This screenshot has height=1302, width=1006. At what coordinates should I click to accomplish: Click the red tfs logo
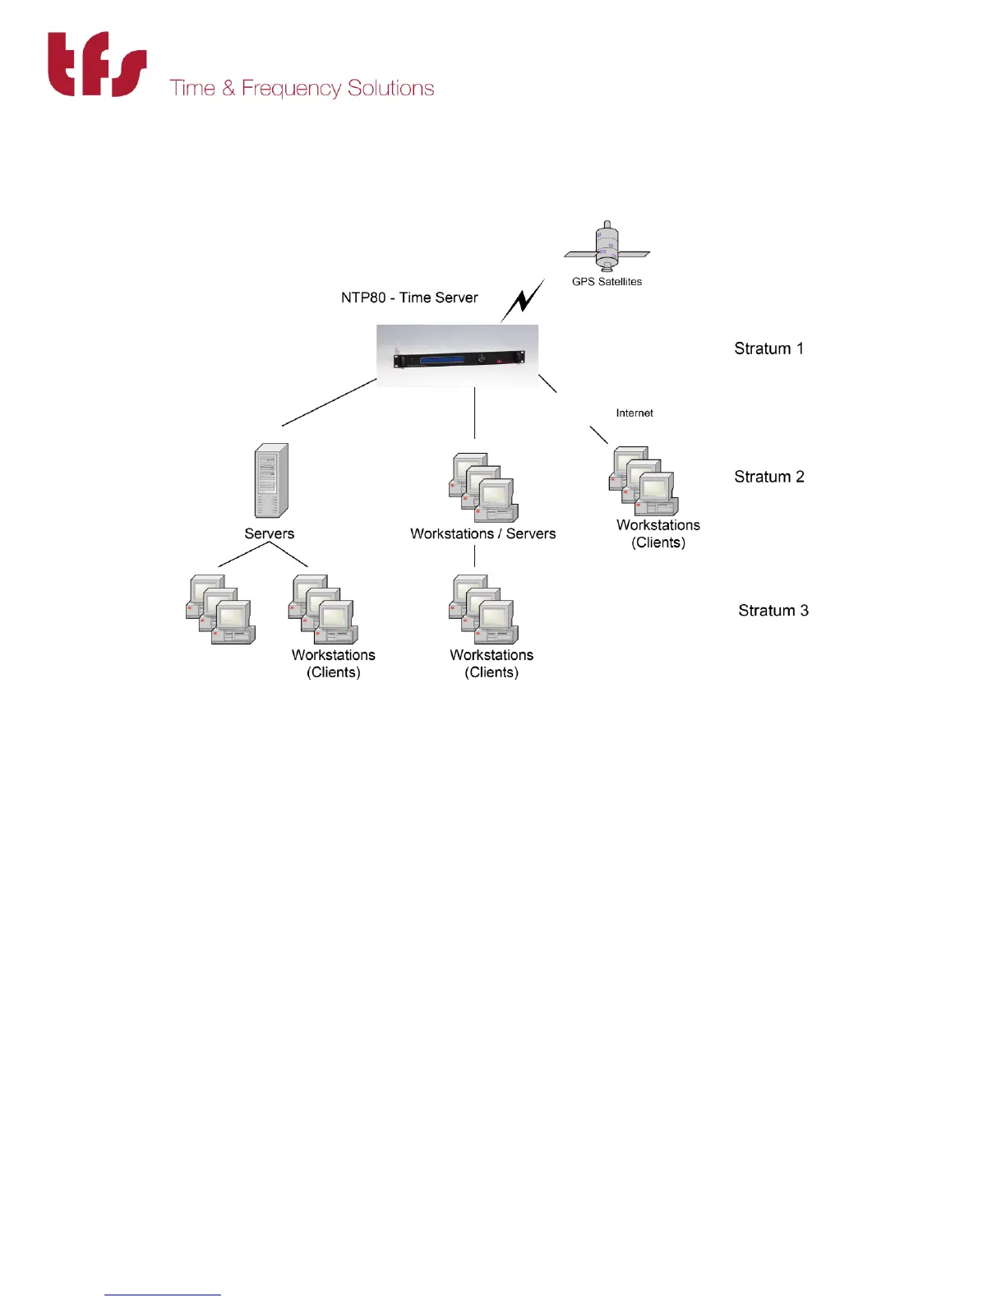click(x=97, y=65)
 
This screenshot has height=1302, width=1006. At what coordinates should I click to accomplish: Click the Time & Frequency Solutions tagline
click(x=302, y=88)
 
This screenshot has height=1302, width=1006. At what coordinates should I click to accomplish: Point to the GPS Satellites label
click(x=607, y=282)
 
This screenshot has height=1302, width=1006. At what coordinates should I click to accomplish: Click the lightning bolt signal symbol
click(x=523, y=301)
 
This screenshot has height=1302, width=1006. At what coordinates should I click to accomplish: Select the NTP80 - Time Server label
click(x=409, y=298)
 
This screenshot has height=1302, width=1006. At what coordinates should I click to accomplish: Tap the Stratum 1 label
click(x=768, y=349)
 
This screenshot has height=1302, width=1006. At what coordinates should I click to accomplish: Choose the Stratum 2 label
click(x=768, y=477)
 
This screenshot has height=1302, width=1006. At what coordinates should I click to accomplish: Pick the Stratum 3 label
click(x=773, y=611)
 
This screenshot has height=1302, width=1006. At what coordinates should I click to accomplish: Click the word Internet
click(x=635, y=413)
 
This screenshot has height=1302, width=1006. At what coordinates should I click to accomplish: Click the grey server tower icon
click(x=271, y=481)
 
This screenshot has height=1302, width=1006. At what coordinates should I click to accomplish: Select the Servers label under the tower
click(x=269, y=533)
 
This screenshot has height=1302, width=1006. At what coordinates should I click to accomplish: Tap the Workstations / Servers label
click(x=482, y=533)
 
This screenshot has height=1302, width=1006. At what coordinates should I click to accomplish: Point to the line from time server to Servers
click(x=329, y=403)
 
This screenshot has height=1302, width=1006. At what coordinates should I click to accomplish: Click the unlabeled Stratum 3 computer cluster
click(x=220, y=610)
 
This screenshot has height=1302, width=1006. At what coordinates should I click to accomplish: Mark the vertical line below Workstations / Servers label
click(x=475, y=556)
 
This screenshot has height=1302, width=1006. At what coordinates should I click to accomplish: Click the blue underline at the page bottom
click(x=163, y=1295)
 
